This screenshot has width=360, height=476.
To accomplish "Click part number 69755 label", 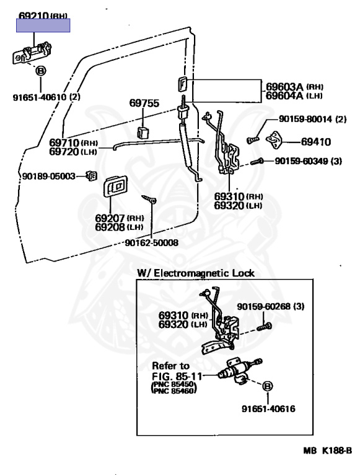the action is point(144,104).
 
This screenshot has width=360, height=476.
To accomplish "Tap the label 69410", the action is point(316,142).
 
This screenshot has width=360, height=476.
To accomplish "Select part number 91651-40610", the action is point(40,97).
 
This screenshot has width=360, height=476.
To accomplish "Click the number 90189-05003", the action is point(48,176).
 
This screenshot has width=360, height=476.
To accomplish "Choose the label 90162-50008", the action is point(151,242).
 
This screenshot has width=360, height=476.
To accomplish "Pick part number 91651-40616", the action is point(268,408).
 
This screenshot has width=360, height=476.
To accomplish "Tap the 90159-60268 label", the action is point(264,306).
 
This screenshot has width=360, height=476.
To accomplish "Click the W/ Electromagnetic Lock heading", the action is point(195,273).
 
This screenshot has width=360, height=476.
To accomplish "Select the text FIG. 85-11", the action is point(177,376).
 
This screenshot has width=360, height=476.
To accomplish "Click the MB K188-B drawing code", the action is point(328,450).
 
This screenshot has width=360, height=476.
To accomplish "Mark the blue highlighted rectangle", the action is point(43,25).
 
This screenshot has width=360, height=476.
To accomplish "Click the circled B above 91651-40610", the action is point(40,72).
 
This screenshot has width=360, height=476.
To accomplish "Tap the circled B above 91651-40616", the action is point(268,387).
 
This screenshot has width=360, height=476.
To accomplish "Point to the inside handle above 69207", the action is point(115,186).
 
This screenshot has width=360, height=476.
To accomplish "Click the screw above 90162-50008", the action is point(149,199).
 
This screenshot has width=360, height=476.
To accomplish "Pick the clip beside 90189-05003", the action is point(91,176).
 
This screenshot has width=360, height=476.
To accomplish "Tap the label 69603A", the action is point(284,87).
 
